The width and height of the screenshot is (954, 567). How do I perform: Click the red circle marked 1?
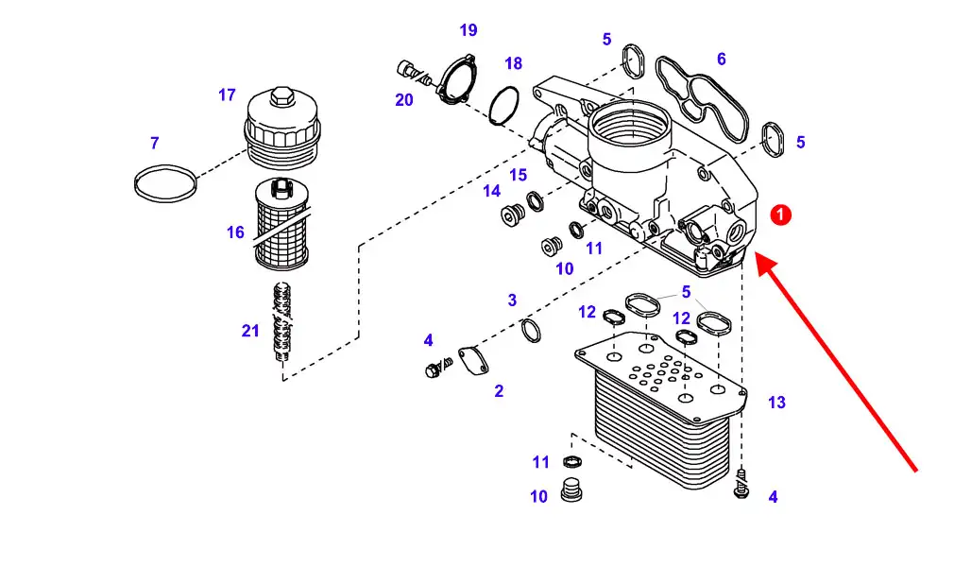point(780,215)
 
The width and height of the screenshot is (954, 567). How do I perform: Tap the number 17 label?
point(227,95)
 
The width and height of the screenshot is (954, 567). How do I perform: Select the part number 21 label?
point(250,331)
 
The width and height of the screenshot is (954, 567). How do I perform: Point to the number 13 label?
point(777,403)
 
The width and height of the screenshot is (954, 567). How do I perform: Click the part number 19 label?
point(468,30)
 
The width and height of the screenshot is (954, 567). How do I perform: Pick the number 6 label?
point(722,60)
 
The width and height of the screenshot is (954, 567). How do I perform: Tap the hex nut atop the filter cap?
point(281,95)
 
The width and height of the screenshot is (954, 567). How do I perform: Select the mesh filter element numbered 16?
point(281,224)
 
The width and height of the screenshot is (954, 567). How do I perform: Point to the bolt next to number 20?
point(413,72)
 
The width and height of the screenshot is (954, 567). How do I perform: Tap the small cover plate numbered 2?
point(473,360)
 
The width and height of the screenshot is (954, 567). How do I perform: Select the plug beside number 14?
point(513,215)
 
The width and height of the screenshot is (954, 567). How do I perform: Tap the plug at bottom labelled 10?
point(571,490)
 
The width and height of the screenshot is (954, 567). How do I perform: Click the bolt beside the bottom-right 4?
point(741,484)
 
